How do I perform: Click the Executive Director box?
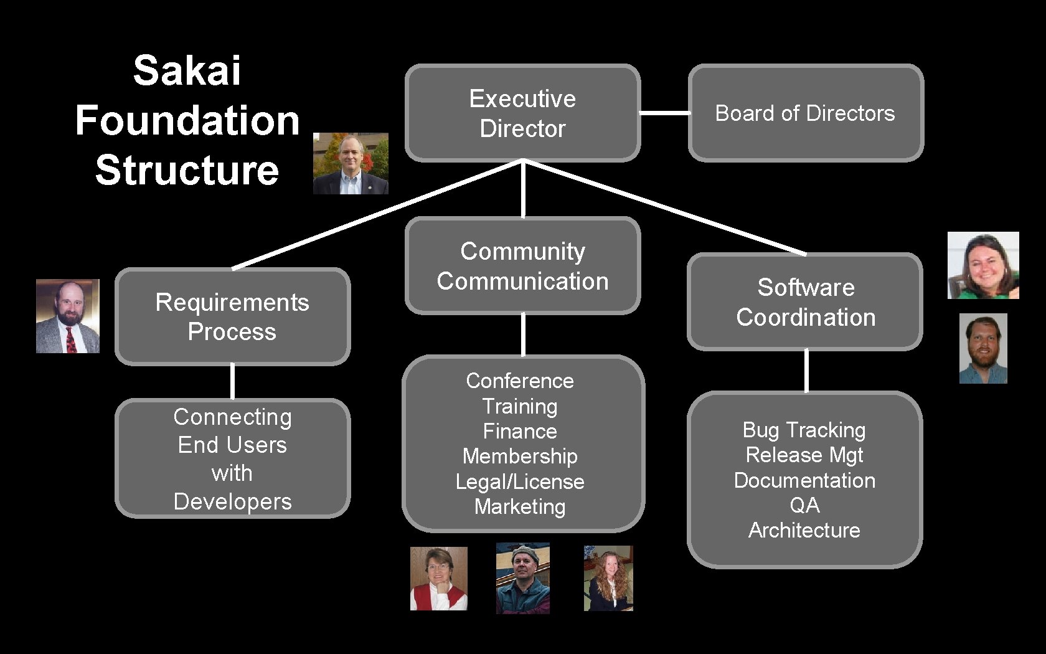click(x=522, y=113)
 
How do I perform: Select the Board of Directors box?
click(x=805, y=113)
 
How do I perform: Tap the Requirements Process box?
click(x=232, y=316)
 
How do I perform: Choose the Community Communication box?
click(x=522, y=265)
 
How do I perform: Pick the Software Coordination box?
click(x=805, y=301)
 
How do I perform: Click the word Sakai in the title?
click(x=187, y=70)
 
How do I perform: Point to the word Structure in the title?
click(x=187, y=170)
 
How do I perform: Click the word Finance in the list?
click(x=520, y=431)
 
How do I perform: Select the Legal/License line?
click(x=520, y=481)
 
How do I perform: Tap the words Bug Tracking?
click(x=804, y=430)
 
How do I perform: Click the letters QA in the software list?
click(x=804, y=505)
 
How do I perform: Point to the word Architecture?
click(x=804, y=530)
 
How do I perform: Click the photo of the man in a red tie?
click(x=68, y=316)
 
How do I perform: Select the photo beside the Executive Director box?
click(x=351, y=163)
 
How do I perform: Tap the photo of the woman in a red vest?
click(x=438, y=579)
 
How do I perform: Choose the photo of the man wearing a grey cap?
click(x=523, y=578)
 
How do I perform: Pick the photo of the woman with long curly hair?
click(x=608, y=578)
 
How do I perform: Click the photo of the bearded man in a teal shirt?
click(x=983, y=348)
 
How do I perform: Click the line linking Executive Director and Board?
click(x=664, y=113)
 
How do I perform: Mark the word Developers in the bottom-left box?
click(x=232, y=501)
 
